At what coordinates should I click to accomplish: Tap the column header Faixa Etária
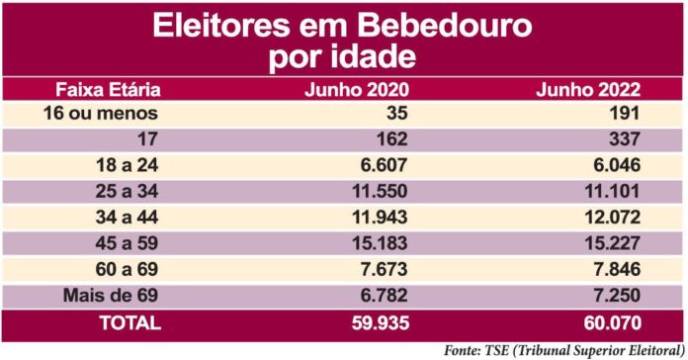coord(107,90)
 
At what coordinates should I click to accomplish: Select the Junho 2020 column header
coord(355,90)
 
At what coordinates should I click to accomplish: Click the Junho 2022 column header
coord(588,90)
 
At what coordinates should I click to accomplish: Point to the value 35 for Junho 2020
coord(393,113)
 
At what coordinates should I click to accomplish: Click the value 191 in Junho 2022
coord(623,113)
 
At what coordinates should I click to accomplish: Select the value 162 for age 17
coord(388,138)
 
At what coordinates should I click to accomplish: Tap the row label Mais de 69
coord(106,295)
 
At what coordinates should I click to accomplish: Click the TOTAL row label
coord(106,322)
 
